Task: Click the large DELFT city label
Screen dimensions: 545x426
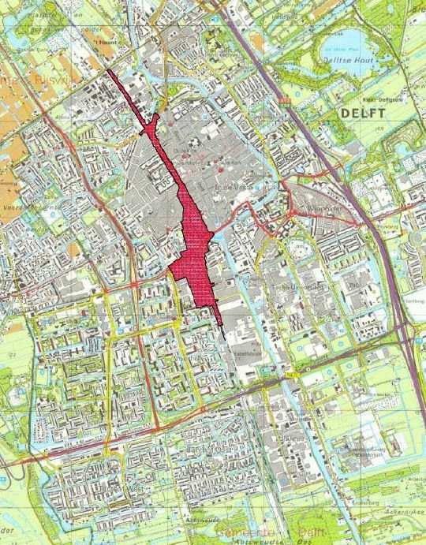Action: [x=363, y=114]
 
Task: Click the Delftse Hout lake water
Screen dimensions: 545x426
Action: [x=347, y=67]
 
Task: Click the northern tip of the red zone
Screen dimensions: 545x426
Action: [x=108, y=73]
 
